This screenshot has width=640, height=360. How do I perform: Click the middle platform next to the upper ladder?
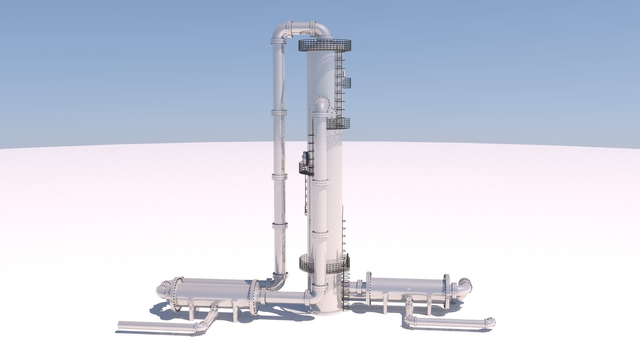pos(338,123)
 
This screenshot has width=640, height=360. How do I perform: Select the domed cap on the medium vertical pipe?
pos(321,107)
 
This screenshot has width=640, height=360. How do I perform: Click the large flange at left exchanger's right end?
pos(255,297)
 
